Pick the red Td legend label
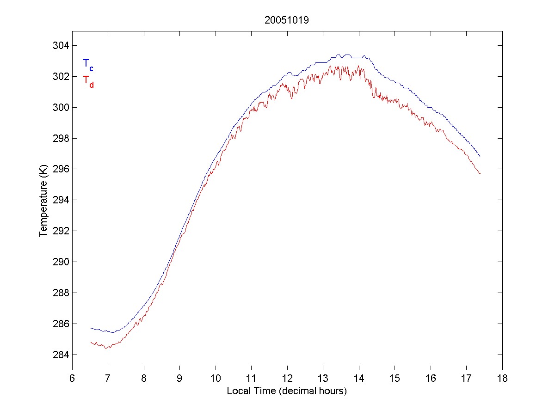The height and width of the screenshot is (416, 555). click(x=88, y=81)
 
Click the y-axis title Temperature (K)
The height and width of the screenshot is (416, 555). click(x=43, y=200)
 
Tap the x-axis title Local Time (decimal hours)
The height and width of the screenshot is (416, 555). click(x=287, y=391)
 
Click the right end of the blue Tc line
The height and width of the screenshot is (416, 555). click(x=481, y=157)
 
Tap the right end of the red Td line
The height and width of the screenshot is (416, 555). click(x=481, y=173)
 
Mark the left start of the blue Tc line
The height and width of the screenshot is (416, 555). click(x=91, y=328)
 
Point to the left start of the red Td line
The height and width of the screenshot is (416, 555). click(x=91, y=342)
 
